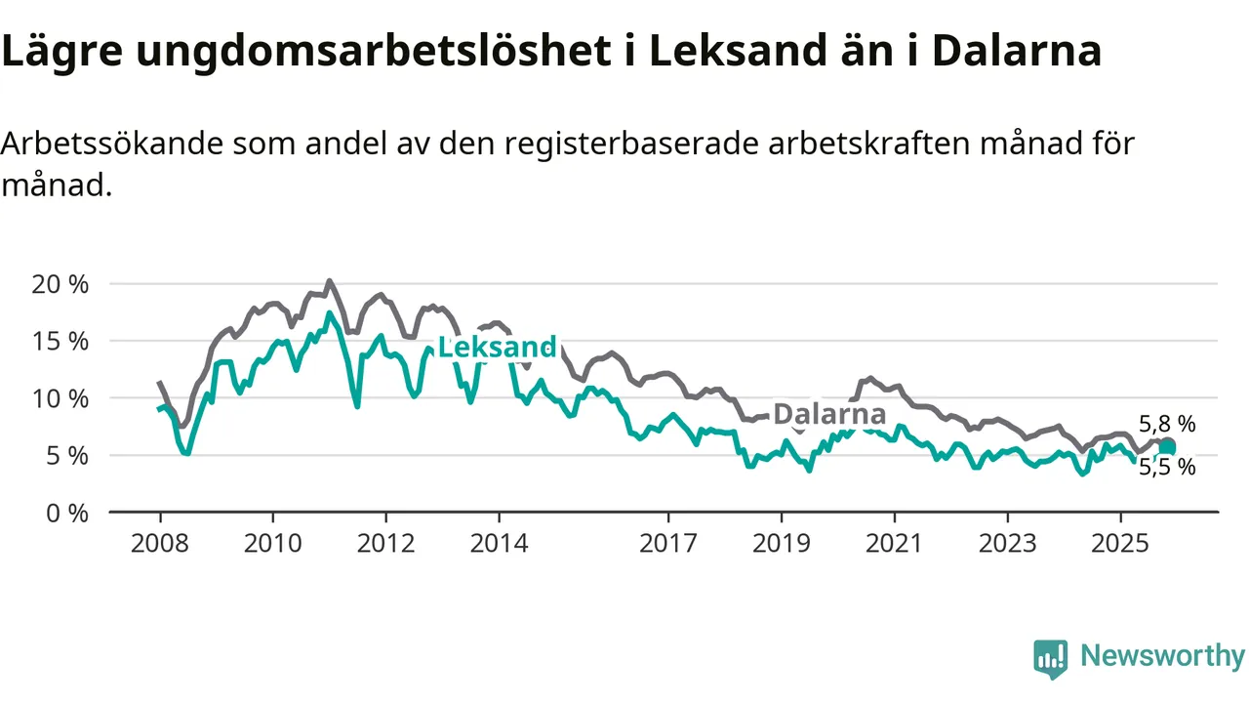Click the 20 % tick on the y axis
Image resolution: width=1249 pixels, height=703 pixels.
61,284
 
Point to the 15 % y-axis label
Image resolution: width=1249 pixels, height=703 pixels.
61,341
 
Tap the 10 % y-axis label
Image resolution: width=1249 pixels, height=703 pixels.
61,398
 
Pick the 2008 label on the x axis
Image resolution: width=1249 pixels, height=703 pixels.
160,543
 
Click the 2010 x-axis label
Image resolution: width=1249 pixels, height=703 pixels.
273,543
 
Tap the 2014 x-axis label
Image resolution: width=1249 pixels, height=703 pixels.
499,543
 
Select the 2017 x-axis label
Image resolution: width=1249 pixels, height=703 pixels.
668,543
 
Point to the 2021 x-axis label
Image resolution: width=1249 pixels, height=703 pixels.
895,543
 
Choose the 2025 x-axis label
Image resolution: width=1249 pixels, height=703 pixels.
1120,543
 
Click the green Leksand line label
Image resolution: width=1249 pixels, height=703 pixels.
497,347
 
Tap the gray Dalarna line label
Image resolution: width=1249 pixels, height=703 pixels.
829,414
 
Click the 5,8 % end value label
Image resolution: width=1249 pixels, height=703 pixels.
1167,424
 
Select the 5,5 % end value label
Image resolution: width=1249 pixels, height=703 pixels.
1167,467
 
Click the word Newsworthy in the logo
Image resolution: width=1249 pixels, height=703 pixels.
1162,656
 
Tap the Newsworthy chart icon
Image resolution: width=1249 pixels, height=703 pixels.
1051,658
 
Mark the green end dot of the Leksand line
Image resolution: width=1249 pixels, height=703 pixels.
1167,447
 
